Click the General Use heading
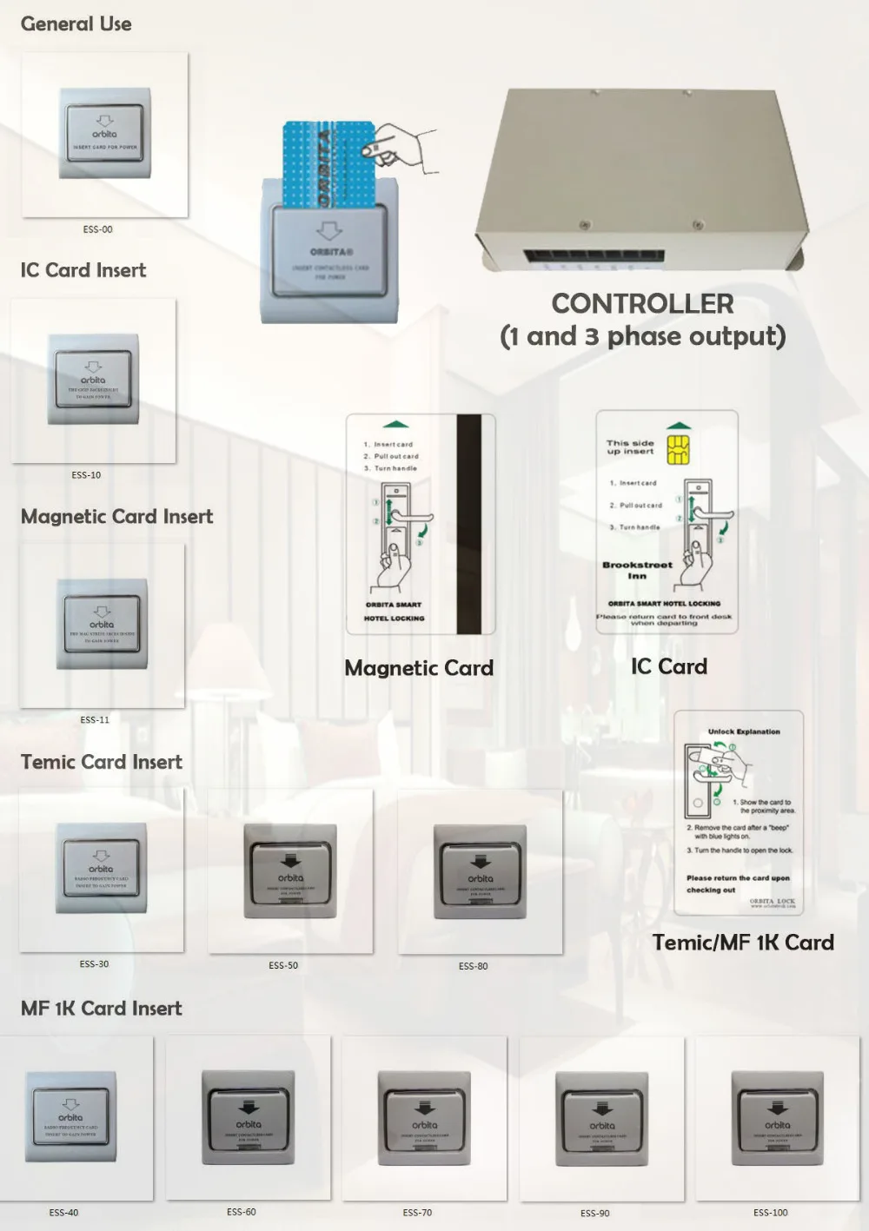click(x=76, y=24)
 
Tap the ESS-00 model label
click(x=97, y=229)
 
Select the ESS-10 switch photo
click(x=93, y=381)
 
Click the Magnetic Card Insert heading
click(x=116, y=517)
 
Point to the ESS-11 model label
click(x=95, y=719)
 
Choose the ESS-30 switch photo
click(x=101, y=870)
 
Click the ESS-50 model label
click(x=283, y=965)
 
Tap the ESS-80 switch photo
click(x=480, y=871)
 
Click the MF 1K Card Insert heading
click(x=102, y=1009)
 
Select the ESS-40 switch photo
click(x=71, y=1117)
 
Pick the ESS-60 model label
click(x=242, y=1212)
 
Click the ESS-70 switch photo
click(x=424, y=1118)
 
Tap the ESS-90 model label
click(x=595, y=1213)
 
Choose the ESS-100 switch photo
click(x=777, y=1118)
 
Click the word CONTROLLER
click(x=642, y=304)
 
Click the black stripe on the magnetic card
click(x=469, y=524)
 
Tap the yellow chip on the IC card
click(x=678, y=449)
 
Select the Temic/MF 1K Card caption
click(x=743, y=943)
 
